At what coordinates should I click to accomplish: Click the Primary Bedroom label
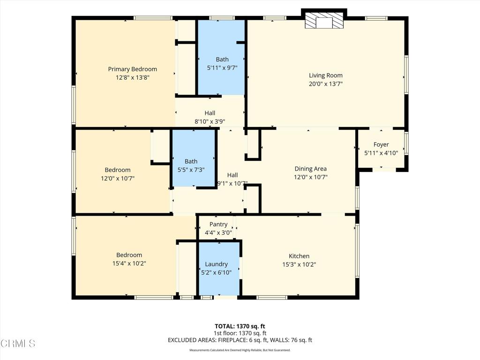[132, 69]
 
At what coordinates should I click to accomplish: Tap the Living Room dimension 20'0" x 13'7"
[325, 83]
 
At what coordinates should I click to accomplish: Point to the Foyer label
[381, 144]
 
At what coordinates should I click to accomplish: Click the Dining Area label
[310, 169]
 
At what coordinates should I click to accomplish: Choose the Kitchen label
[299, 256]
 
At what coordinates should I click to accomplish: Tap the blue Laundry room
[219, 269]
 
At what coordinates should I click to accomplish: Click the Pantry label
[218, 225]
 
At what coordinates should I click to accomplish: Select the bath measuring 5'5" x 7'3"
[193, 158]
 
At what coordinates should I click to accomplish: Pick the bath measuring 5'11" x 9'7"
[221, 58]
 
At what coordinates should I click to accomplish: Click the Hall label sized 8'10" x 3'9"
[210, 113]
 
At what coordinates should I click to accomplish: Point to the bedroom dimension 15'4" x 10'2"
[129, 263]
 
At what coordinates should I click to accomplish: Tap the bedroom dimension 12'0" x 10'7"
[118, 178]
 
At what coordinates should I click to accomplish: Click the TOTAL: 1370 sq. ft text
[240, 326]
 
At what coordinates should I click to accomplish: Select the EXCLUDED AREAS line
[240, 340]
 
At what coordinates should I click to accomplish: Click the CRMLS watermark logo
[18, 343]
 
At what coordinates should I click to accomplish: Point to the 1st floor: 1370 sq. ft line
[240, 333]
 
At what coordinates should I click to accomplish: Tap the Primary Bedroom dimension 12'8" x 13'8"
[132, 77]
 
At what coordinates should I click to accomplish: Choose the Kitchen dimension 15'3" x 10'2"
[299, 264]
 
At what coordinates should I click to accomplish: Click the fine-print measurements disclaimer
[240, 350]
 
